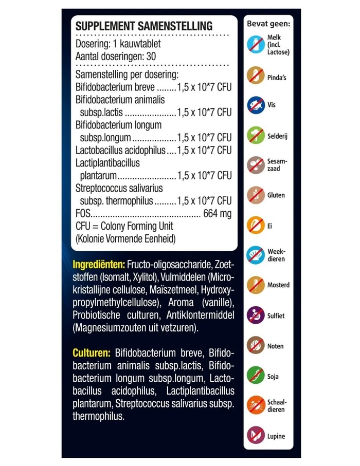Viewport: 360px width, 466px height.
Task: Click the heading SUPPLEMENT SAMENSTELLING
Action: [x=143, y=26]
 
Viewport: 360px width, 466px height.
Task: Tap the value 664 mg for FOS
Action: [x=218, y=213]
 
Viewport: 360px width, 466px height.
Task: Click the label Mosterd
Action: [x=278, y=285]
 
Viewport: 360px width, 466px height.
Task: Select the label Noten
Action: [x=275, y=346]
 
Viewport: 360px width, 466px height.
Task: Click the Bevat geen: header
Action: [x=268, y=23]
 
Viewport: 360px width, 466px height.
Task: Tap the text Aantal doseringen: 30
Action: [x=115, y=55]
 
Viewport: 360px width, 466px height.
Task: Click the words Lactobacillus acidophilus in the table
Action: [x=120, y=150]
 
